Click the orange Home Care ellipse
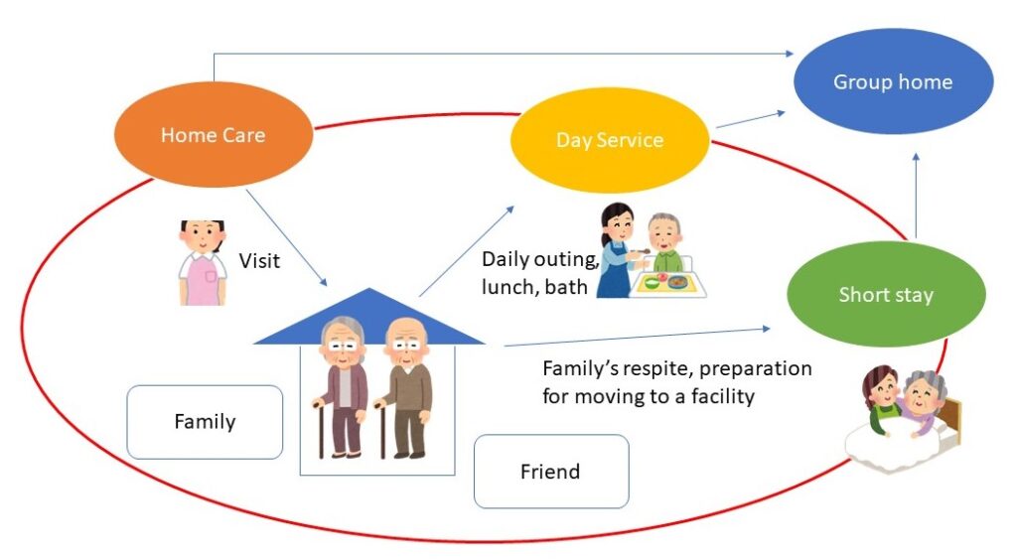213,135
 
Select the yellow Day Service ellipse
609,140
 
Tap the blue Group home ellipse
892,81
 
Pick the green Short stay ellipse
885,295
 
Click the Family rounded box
205,422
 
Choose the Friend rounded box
550,472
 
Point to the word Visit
259,261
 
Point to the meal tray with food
667,282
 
